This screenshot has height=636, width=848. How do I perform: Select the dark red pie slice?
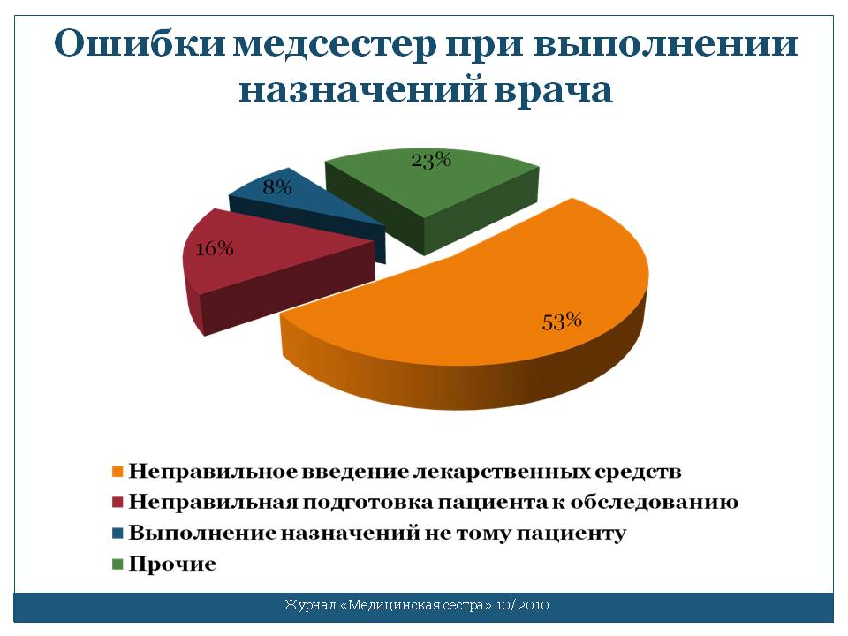[260, 265]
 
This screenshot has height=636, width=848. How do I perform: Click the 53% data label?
[562, 322]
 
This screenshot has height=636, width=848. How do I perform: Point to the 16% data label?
[215, 248]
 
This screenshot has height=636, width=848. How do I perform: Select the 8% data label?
[276, 187]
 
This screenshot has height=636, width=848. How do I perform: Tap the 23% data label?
[431, 160]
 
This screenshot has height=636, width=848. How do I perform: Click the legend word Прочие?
[172, 564]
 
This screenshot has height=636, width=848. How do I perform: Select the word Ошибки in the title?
[139, 43]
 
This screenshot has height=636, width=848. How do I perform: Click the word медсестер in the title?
[335, 44]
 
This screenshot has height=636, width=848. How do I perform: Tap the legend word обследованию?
[655, 503]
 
